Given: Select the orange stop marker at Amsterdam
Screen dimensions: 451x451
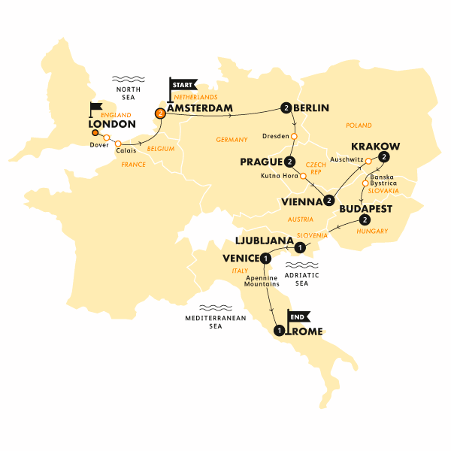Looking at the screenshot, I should (x=159, y=114).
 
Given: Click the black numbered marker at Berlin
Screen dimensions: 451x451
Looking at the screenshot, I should (x=286, y=108).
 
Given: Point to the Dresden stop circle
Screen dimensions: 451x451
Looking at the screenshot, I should (x=294, y=137).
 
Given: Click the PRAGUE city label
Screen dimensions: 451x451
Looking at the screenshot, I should (x=261, y=162).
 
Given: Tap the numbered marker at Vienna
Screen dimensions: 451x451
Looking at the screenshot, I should (x=329, y=199).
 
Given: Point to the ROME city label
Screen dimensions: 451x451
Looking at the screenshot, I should (x=304, y=329).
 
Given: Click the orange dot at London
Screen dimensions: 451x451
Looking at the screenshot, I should (x=95, y=133).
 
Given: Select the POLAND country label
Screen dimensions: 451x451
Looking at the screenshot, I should (x=359, y=125).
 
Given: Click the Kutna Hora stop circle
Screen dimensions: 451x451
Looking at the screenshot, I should (x=301, y=178).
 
